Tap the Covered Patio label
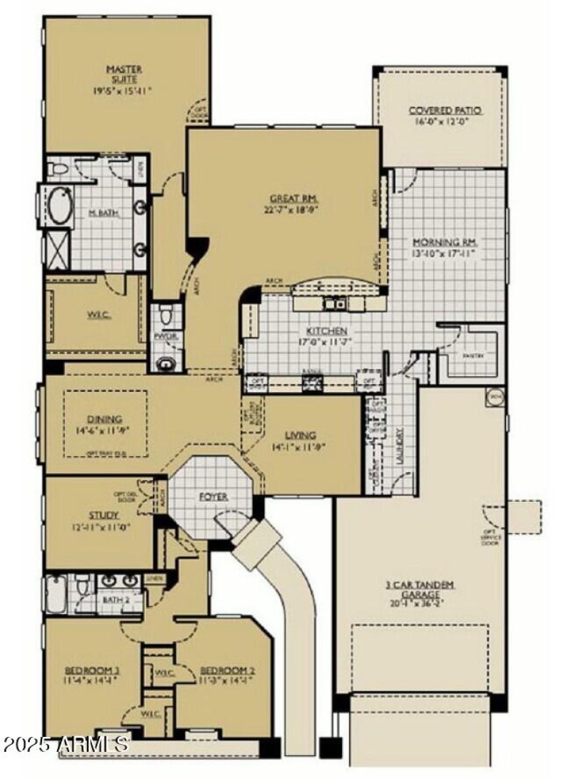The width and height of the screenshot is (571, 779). tap(445, 111)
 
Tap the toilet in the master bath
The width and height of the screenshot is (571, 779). tap(61, 169)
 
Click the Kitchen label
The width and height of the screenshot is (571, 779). tap(327, 331)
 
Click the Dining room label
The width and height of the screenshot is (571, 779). tap(104, 420)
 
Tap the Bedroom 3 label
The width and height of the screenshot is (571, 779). tap(91, 670)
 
